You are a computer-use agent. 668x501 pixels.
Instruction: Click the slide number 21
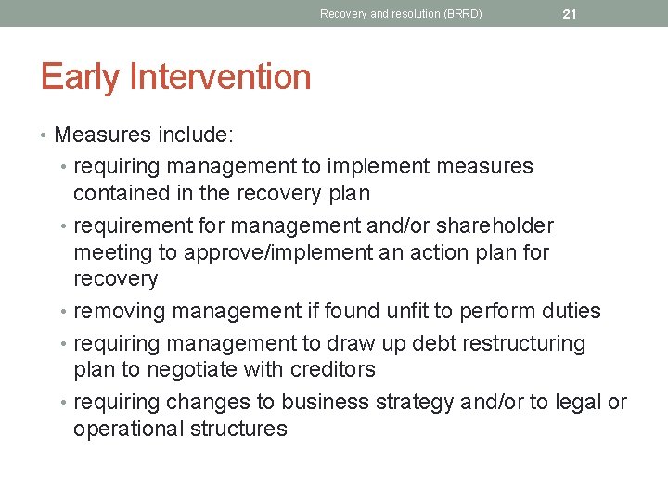pos(570,14)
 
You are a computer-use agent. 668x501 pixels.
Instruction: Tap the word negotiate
pos(187,369)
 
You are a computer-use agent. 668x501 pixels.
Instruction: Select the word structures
pos(244,429)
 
